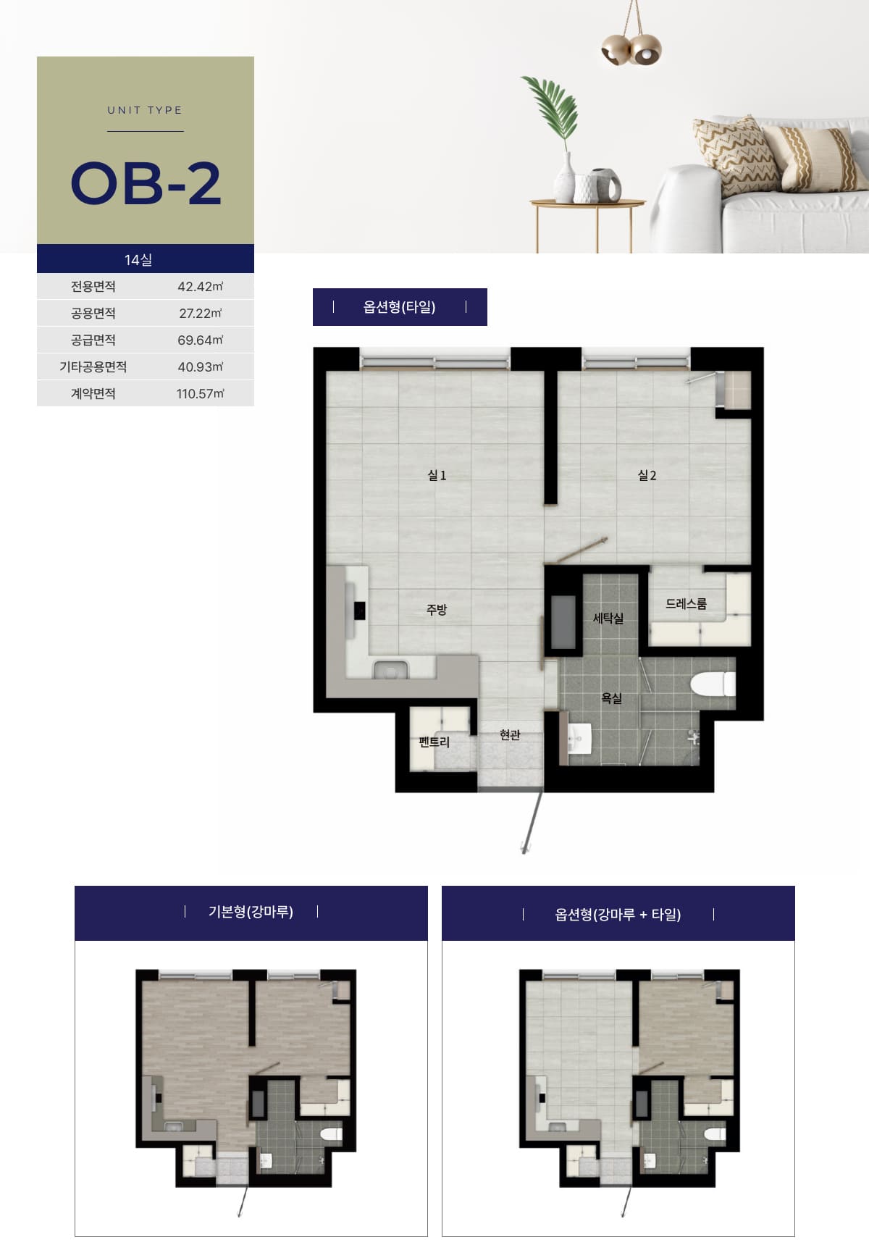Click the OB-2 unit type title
coord(146,183)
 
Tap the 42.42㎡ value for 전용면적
coord(200,286)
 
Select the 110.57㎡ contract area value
coord(200,393)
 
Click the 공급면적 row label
coord(93,340)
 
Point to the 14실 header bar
coord(146,259)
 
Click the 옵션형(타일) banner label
coord(399,306)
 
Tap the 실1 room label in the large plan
coord(437,475)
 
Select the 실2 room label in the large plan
coord(647,475)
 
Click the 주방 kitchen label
coord(437,609)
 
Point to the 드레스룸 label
coord(686,603)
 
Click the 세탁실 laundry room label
coord(608,618)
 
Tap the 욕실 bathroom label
coord(612,697)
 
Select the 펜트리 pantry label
coord(434,742)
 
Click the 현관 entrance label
coord(510,734)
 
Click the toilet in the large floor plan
coord(713,684)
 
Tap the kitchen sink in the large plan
coord(390,670)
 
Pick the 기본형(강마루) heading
coord(251,911)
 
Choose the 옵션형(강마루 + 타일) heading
coord(618,914)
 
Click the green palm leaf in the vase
coord(553,112)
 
